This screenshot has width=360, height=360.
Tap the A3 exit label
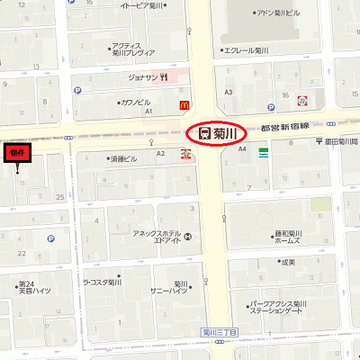(229, 92)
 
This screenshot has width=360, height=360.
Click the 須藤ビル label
(124, 157)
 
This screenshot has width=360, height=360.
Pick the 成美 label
(287, 262)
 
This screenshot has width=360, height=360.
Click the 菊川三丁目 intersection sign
(219, 333)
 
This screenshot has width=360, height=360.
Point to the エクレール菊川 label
(248, 50)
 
